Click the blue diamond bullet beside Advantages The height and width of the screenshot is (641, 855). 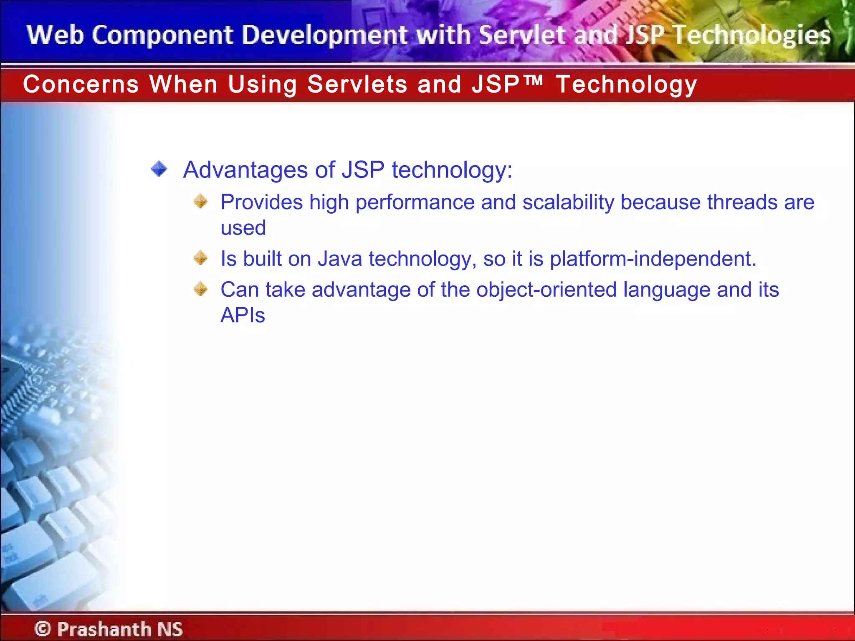click(x=159, y=169)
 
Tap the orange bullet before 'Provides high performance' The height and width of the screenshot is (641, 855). click(x=200, y=202)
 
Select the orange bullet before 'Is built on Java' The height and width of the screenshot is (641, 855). click(x=200, y=258)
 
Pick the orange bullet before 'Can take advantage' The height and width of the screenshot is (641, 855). click(x=200, y=289)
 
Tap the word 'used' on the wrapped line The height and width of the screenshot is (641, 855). click(x=243, y=228)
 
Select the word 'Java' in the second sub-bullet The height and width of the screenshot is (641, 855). click(x=340, y=259)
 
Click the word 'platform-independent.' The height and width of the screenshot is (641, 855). click(x=653, y=259)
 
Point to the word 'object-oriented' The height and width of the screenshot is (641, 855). click(x=546, y=290)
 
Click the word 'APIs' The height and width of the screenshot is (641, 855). click(x=243, y=315)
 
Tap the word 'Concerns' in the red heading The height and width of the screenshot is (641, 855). click(x=81, y=84)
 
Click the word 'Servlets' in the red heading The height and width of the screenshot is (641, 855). click(x=357, y=84)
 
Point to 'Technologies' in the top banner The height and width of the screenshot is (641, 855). click(x=751, y=35)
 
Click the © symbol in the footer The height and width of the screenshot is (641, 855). click(x=43, y=628)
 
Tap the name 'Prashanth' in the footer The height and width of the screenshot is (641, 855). click(x=104, y=629)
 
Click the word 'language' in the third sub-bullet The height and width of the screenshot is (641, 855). click(x=666, y=290)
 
